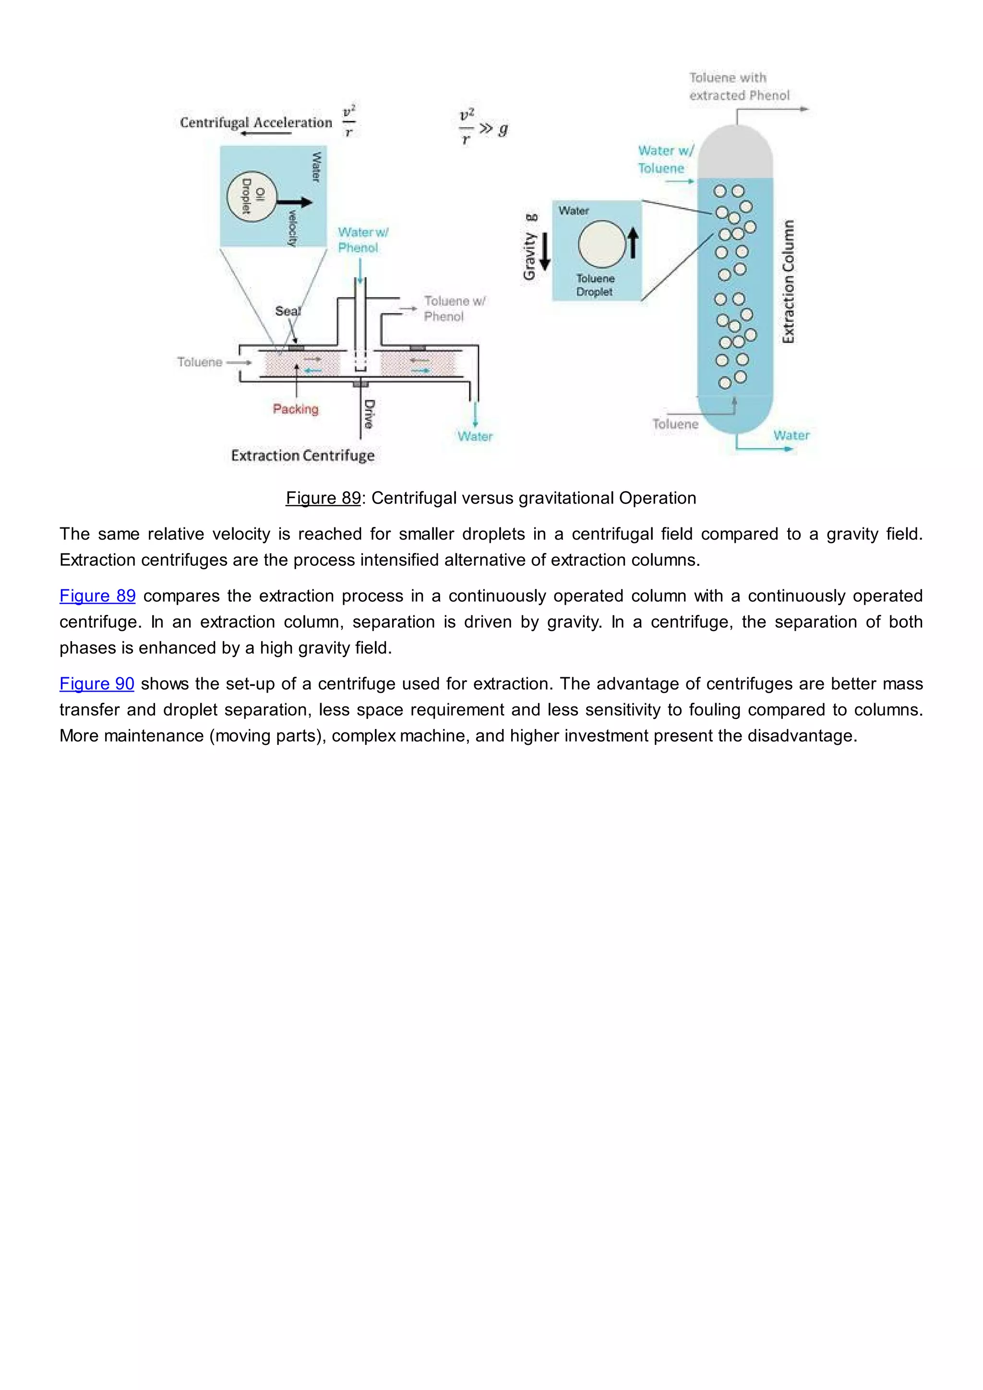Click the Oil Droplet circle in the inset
[x=251, y=196]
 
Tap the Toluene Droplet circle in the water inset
[x=602, y=245]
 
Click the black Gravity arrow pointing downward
[x=545, y=251]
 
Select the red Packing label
[x=295, y=409]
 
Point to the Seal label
[x=288, y=311]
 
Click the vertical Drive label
[x=369, y=414]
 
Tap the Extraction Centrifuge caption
[x=303, y=455]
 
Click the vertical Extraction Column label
[x=788, y=282]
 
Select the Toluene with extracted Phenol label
[x=739, y=86]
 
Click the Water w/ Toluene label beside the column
[x=665, y=159]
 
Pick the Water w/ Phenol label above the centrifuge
[x=362, y=240]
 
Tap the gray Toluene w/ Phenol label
[x=454, y=309]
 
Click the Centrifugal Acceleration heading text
[x=256, y=122]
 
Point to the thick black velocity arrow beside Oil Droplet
[x=295, y=202]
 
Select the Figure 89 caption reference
[x=323, y=498]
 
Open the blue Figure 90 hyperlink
[x=97, y=683]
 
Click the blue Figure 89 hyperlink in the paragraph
[x=97, y=596]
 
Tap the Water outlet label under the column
[x=791, y=435]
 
